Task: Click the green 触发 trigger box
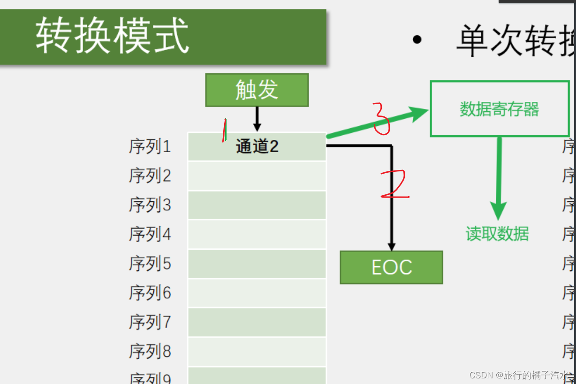coord(257,90)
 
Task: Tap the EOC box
coord(391,267)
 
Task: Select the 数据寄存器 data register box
coord(500,109)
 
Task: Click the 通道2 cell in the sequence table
coord(257,146)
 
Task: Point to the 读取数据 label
coord(497,233)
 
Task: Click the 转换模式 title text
coord(113,36)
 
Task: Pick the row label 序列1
coord(150,147)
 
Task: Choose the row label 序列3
coord(150,205)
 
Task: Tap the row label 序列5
coord(150,264)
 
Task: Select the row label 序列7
coord(150,322)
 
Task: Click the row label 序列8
coord(150,351)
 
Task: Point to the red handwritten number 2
coord(394,184)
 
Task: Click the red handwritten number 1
coord(225,130)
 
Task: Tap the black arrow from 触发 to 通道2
coord(257,119)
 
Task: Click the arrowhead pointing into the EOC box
coord(392,246)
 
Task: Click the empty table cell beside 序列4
coord(257,234)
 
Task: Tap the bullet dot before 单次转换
coord(417,40)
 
